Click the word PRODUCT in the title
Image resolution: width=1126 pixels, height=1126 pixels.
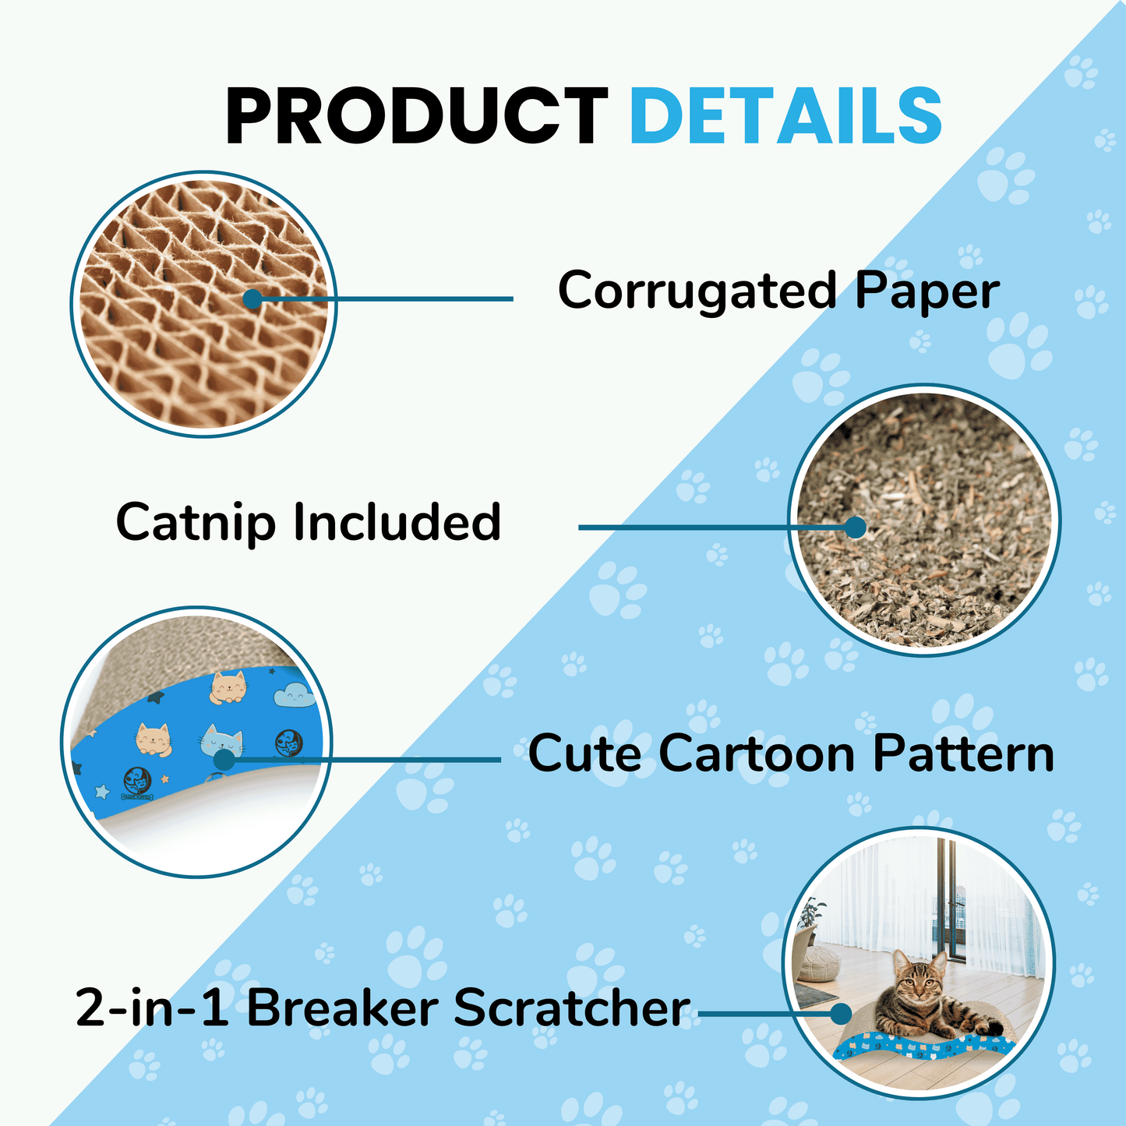[417, 115]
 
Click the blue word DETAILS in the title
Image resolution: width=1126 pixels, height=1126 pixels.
[785, 115]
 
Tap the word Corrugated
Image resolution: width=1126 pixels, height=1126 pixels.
[698, 291]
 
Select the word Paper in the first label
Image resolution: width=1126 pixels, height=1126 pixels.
[927, 291]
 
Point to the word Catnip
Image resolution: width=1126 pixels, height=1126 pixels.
[196, 522]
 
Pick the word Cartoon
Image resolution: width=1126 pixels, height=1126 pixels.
[757, 754]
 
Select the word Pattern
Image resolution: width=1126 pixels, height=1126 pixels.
[964, 754]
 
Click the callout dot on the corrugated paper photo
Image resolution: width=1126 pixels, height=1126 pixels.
[252, 299]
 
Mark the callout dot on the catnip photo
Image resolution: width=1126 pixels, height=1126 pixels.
[856, 527]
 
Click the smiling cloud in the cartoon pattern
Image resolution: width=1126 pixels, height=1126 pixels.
[294, 695]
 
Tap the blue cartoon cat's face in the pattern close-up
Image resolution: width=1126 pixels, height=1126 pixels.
[221, 739]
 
